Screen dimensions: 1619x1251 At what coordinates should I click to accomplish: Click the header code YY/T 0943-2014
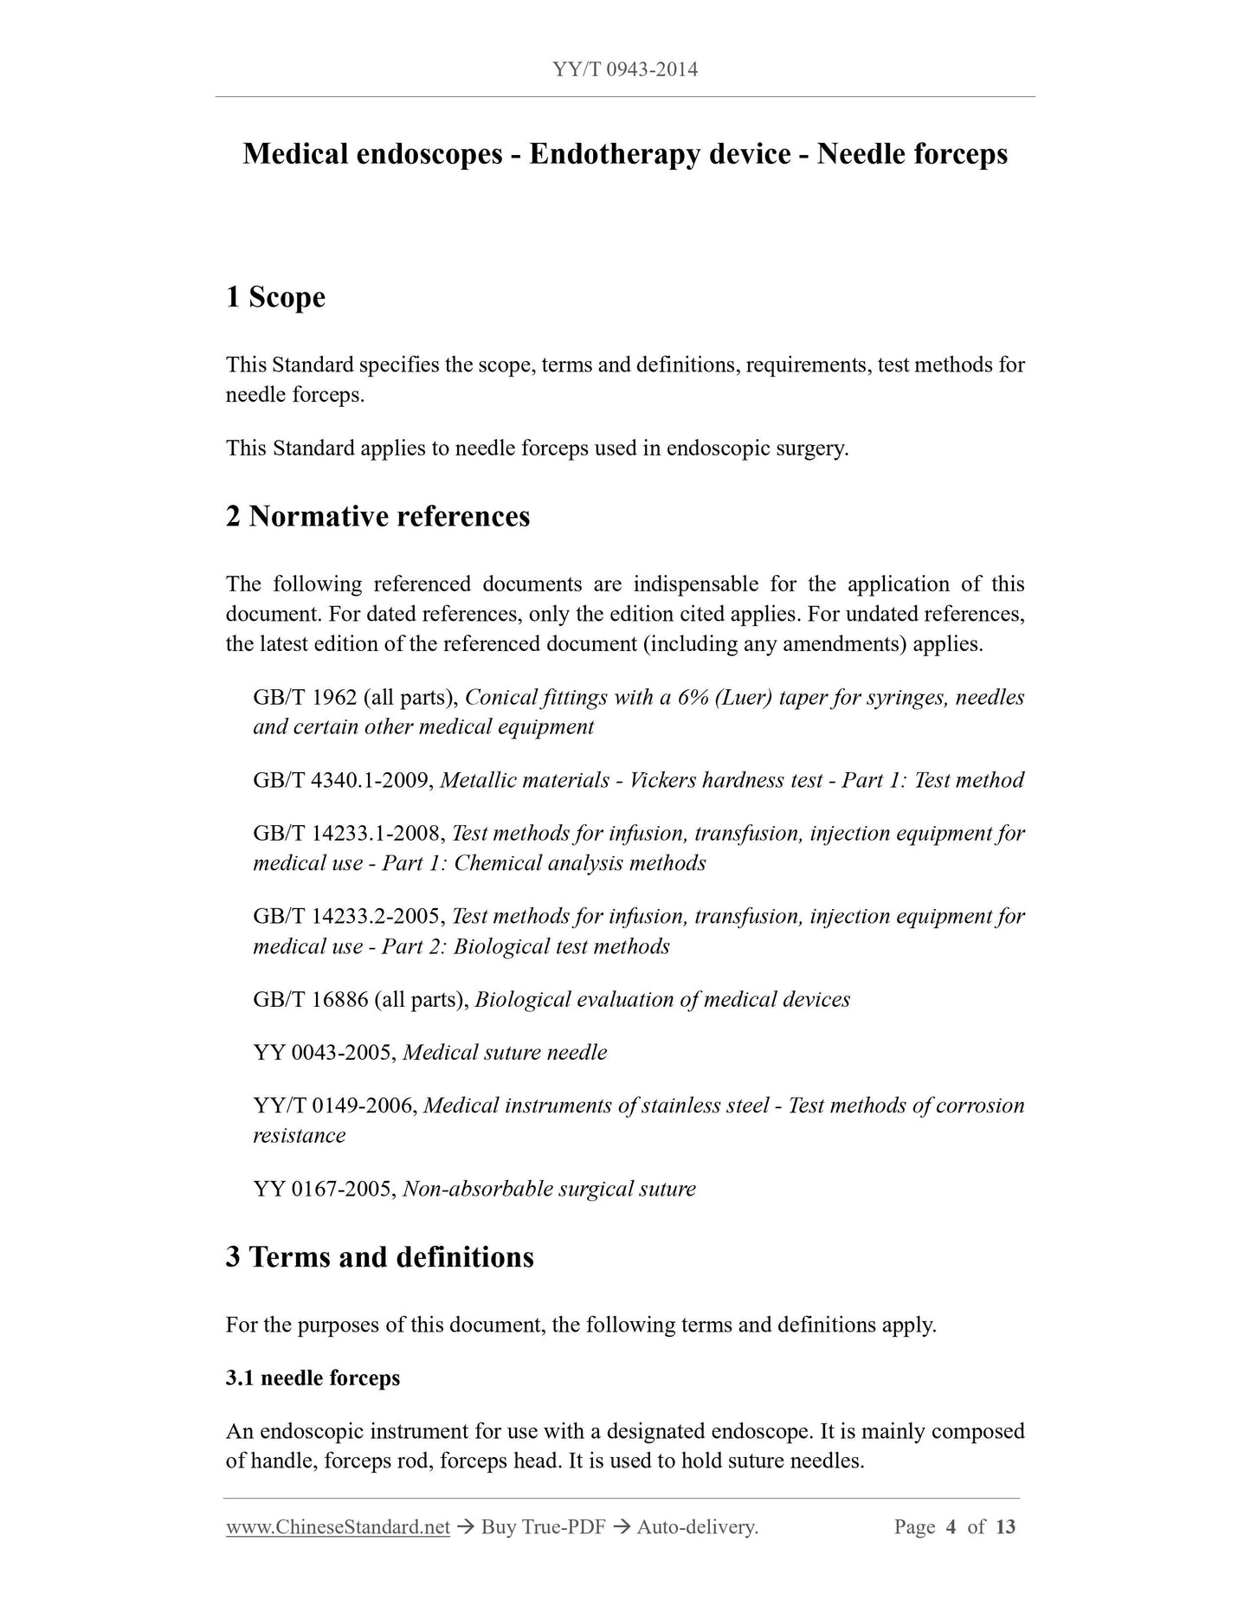pos(625,69)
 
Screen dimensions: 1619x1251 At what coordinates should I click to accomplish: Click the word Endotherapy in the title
pos(660,154)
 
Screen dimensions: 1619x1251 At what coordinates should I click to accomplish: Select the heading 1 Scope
pos(275,297)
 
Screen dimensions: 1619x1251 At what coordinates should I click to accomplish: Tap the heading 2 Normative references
pos(377,516)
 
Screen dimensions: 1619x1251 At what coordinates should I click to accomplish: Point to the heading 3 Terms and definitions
pos(379,1256)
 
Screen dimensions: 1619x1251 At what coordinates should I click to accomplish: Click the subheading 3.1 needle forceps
pos(313,1377)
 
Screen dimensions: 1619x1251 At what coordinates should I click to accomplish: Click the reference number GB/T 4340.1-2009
pos(343,780)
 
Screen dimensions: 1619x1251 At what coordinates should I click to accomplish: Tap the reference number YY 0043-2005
pos(325,1053)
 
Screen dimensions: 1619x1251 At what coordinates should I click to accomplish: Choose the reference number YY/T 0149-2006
pos(335,1106)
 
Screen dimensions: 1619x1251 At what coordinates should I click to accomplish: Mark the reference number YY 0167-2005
pos(325,1189)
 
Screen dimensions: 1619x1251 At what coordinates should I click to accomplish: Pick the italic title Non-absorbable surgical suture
pos(549,1189)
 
